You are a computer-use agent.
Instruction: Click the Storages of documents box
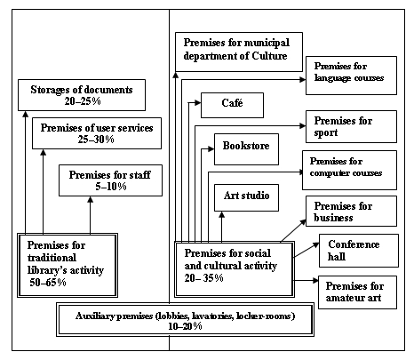79,96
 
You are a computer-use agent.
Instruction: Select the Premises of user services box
95,134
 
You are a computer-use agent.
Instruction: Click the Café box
232,104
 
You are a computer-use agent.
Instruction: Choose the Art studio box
242,195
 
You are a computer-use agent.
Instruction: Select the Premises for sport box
350,125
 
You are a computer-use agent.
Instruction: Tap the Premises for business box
350,211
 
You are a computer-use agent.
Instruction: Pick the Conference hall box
353,252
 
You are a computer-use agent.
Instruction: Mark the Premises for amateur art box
353,291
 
